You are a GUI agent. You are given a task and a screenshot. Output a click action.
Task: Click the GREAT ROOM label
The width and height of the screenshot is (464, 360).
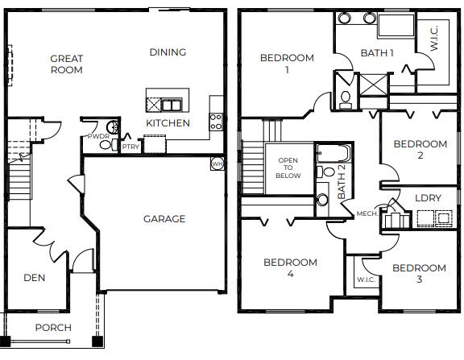67,64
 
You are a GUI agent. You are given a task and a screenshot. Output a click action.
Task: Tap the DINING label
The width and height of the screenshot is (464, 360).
168,52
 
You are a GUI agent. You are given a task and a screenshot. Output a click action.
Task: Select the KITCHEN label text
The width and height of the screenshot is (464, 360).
168,123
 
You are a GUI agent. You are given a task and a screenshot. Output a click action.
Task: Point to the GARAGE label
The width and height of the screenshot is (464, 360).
164,219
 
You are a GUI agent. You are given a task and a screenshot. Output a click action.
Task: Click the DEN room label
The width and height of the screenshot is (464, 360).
34,278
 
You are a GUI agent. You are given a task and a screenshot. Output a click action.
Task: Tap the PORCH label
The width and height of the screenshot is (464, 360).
53,328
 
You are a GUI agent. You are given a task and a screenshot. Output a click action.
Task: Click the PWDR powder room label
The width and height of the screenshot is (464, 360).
98,137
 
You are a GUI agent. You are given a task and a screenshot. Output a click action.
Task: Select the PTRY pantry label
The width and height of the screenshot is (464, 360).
130,147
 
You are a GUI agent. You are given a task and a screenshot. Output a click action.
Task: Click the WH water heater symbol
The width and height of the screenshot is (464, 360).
217,164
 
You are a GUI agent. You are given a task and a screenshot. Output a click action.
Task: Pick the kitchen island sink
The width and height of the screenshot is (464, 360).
172,105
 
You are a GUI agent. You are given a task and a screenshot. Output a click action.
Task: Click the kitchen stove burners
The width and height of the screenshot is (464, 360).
216,121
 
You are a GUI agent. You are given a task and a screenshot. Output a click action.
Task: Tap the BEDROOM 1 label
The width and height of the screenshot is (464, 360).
286,64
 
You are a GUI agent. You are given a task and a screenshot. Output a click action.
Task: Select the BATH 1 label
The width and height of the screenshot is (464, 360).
377,54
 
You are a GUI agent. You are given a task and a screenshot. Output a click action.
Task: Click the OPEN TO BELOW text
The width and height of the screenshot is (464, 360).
288,168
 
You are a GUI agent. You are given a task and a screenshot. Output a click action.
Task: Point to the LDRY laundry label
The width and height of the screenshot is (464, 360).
427,197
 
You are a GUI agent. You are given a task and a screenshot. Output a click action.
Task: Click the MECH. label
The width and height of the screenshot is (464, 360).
367,213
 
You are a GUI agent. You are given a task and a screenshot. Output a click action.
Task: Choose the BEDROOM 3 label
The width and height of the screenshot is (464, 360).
419,274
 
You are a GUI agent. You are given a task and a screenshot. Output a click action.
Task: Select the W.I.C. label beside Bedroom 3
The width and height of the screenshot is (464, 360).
363,281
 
